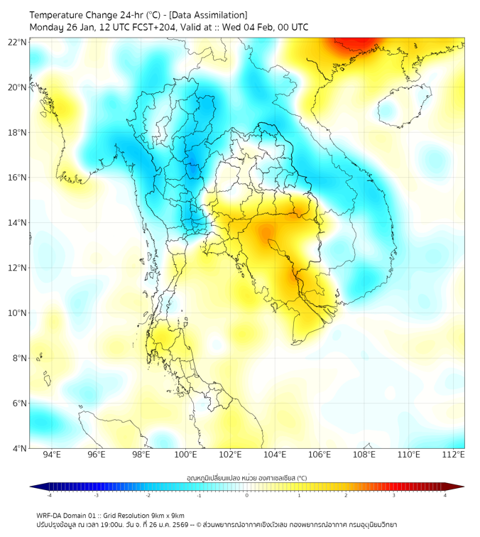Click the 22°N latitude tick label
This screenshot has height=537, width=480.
click(x=17, y=42)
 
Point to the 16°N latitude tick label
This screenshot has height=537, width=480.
click(x=17, y=178)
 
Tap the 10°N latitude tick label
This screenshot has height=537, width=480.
click(x=17, y=313)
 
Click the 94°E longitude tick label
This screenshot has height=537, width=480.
click(x=52, y=455)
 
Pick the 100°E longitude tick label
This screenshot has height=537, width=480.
click(x=186, y=455)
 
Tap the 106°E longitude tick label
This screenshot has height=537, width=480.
click(x=320, y=455)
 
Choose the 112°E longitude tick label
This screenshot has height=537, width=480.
click(x=454, y=455)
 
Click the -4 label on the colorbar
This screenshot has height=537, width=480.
click(x=49, y=496)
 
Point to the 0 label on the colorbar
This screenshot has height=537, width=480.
click(x=247, y=496)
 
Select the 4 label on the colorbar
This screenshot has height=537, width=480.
click(x=445, y=496)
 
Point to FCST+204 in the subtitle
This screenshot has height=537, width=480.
click(x=155, y=27)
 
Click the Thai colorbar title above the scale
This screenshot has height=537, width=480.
click(x=246, y=477)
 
